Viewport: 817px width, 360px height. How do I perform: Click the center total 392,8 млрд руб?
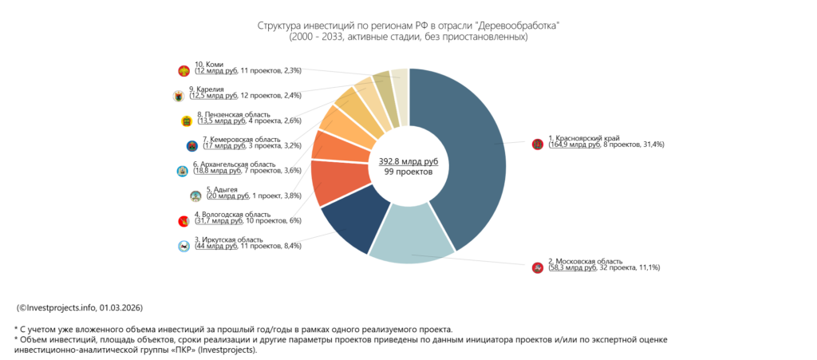tap(408, 161)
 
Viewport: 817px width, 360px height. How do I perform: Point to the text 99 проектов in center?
tap(408, 172)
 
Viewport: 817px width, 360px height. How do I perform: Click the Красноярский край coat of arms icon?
tap(538, 144)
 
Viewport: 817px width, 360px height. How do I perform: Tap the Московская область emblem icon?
tap(538, 267)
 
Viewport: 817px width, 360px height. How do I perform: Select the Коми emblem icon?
tap(184, 70)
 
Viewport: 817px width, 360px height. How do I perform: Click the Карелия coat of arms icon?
tap(178, 96)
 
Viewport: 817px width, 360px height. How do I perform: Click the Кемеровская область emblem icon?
tap(191, 146)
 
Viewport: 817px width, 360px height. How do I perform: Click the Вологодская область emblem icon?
tap(184, 220)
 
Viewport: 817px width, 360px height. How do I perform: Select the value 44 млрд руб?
tap(216, 246)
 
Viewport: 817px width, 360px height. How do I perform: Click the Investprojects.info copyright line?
tap(80, 307)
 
